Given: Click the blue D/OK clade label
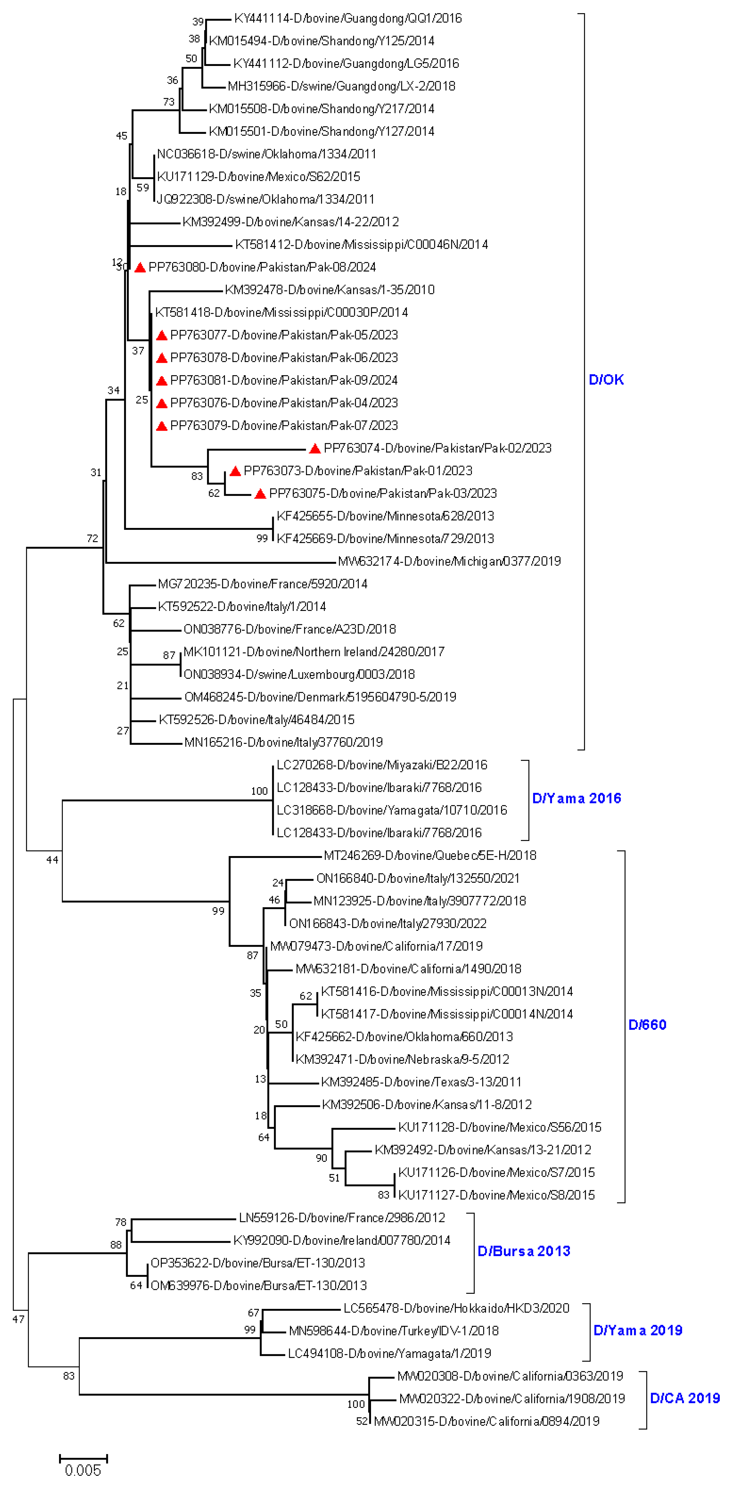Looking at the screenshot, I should pyautogui.click(x=606, y=380).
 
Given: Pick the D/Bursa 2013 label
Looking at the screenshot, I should pyautogui.click(x=523, y=1251).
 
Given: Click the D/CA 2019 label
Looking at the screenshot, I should pyautogui.click(x=685, y=1398).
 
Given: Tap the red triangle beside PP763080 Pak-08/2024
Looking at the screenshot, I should pyautogui.click(x=139, y=267).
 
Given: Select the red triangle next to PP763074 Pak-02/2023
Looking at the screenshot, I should pyautogui.click(x=314, y=448).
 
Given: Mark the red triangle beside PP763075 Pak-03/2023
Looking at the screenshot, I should pyautogui.click(x=260, y=494).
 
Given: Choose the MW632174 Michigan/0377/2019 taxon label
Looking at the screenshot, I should pyautogui.click(x=449, y=561).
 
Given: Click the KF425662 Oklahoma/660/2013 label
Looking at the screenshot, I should pyautogui.click(x=404, y=1037).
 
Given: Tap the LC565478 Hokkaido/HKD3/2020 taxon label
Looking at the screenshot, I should pyautogui.click(x=456, y=1308).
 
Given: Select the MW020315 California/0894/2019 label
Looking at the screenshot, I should pyautogui.click(x=486, y=1421).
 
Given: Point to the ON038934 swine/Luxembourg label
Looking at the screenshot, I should pyautogui.click(x=299, y=674).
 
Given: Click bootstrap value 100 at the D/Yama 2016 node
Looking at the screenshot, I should pyautogui.click(x=259, y=791).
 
